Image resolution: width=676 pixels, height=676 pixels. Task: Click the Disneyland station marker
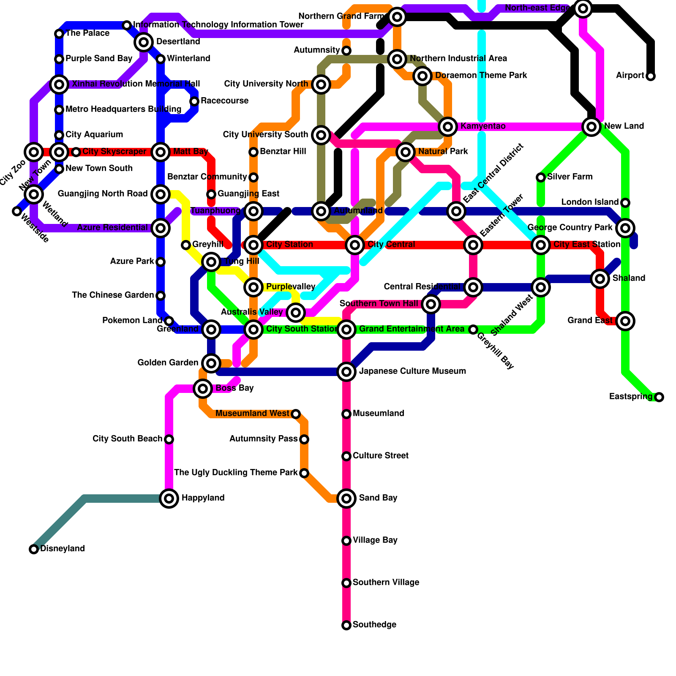click(x=34, y=549)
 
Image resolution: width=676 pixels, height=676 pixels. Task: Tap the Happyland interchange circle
click(x=169, y=499)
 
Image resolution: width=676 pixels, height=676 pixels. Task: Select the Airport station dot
click(x=651, y=76)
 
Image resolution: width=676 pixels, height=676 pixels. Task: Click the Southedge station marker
click(x=346, y=625)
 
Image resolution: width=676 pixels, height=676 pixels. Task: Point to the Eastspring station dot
click(x=659, y=397)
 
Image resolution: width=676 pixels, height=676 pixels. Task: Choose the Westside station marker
click(x=17, y=211)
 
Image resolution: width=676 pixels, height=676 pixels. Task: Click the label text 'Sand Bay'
click(x=378, y=498)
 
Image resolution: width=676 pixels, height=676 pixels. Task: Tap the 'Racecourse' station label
click(x=224, y=101)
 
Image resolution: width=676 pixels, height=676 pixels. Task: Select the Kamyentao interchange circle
click(x=448, y=126)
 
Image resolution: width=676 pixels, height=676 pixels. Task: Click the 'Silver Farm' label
click(x=570, y=177)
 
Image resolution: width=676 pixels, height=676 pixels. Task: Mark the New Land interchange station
click(x=591, y=126)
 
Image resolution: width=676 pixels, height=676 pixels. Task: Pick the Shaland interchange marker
click(x=600, y=279)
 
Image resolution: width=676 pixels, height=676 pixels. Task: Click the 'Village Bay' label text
click(x=375, y=540)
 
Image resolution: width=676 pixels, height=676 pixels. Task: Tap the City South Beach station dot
click(x=169, y=439)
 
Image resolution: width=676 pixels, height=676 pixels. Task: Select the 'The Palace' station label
click(x=87, y=33)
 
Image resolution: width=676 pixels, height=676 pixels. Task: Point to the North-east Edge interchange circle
click(x=583, y=8)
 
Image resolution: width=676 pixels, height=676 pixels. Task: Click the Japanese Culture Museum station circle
click(x=346, y=372)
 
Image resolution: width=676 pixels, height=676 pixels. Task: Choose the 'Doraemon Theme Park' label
click(x=481, y=76)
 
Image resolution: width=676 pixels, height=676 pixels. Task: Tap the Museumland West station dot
click(x=296, y=414)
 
